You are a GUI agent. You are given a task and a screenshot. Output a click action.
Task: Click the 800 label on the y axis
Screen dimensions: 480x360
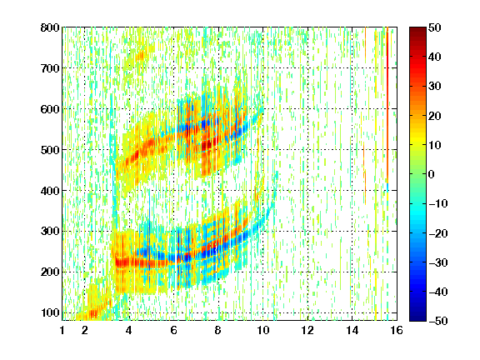click(x=50, y=27)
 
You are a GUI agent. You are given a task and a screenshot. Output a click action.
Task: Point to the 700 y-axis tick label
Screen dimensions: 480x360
click(x=50, y=68)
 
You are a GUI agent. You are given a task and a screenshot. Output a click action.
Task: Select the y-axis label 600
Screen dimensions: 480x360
click(x=50, y=109)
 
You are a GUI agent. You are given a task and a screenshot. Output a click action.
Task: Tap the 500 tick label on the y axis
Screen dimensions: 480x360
click(x=50, y=150)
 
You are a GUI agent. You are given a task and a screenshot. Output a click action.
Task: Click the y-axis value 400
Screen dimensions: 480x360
click(x=50, y=191)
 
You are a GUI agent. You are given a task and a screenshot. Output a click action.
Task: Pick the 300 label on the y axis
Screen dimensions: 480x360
click(x=50, y=232)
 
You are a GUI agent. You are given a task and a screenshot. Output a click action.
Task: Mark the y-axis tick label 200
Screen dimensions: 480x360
click(x=50, y=272)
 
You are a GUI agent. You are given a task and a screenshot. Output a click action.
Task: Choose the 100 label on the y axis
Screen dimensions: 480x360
click(x=50, y=312)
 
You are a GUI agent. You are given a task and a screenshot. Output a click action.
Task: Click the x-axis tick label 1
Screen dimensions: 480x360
click(x=62, y=331)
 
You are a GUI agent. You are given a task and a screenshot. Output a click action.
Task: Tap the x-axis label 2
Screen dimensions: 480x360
click(x=85, y=331)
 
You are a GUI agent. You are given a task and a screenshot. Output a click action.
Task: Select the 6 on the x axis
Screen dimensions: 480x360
click(x=174, y=331)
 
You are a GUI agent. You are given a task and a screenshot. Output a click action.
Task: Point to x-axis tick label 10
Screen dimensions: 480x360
click(x=263, y=331)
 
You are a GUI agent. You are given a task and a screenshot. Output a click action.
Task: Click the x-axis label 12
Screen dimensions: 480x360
click(x=307, y=331)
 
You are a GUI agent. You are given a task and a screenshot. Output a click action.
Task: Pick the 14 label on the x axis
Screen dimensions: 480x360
click(x=352, y=331)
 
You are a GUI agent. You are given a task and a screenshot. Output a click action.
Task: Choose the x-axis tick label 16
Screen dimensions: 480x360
click(x=397, y=331)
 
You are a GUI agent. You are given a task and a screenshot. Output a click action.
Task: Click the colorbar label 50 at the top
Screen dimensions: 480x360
click(x=435, y=27)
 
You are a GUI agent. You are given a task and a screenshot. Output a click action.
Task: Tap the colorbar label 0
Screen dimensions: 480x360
click(x=432, y=174)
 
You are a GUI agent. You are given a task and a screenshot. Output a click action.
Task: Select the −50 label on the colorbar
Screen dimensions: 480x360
click(x=438, y=321)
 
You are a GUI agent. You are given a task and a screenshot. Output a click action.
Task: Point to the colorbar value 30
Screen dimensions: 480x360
click(x=435, y=87)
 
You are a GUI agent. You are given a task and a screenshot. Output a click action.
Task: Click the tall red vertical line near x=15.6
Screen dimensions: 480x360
click(x=387, y=105)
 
